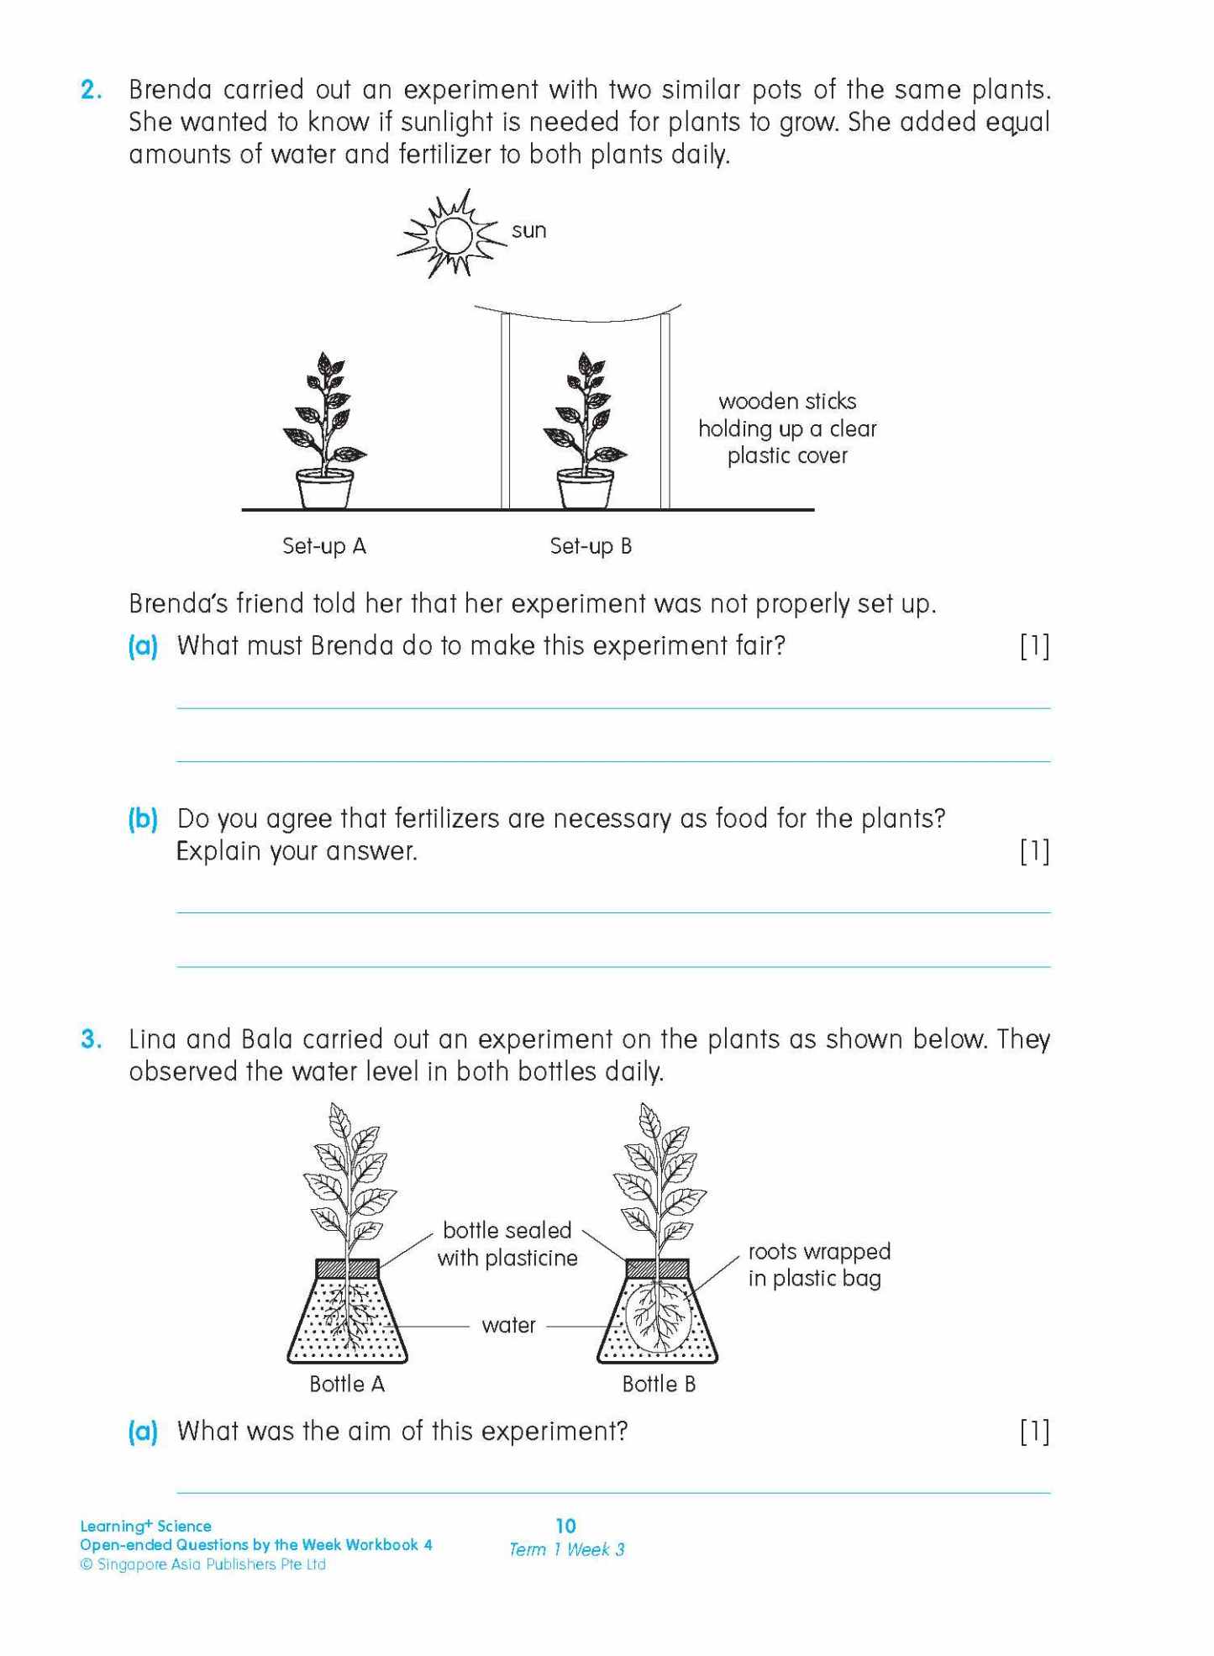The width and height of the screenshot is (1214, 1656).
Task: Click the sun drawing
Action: point(454,234)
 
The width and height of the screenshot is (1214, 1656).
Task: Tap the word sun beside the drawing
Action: point(528,231)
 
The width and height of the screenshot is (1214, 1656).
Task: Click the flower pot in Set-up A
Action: point(325,490)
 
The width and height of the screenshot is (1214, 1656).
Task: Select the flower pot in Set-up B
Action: point(586,490)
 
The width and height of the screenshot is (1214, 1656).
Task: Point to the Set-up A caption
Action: point(324,547)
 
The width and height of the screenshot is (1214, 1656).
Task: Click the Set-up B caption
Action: point(591,547)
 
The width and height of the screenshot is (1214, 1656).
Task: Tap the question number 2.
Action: point(91,90)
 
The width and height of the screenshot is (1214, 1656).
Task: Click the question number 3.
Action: point(91,1040)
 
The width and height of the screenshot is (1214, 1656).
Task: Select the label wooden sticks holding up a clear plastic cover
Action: point(787,428)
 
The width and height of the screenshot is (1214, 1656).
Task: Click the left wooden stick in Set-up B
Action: point(506,412)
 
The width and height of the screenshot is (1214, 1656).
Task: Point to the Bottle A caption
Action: point(347,1385)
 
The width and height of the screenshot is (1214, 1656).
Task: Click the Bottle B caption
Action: point(659,1385)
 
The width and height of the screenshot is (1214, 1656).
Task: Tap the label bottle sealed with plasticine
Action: point(507,1244)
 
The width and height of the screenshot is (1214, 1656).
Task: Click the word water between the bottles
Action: point(508,1326)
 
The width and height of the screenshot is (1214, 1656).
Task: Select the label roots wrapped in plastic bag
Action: point(818,1265)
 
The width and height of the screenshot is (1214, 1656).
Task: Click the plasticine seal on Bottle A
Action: point(347,1269)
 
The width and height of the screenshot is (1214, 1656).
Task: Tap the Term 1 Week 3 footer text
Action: point(566,1550)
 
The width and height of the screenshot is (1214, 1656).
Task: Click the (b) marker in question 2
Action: point(143,819)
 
